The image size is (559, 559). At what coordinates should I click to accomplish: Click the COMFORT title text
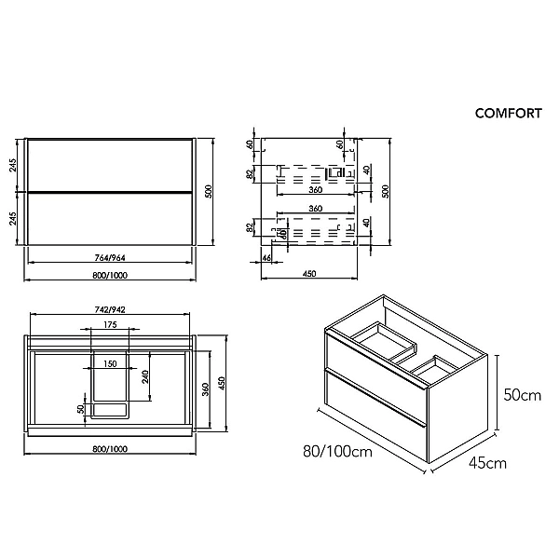point(508,114)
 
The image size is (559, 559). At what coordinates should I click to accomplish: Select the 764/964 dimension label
point(110,257)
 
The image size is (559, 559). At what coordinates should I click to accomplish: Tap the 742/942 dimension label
point(110,309)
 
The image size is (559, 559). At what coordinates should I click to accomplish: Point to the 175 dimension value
point(110,324)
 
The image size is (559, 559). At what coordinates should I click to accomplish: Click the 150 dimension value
point(110,363)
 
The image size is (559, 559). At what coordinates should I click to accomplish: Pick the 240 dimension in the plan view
point(145,376)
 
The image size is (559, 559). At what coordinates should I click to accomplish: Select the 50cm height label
point(523,395)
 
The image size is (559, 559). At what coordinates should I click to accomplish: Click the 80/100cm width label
point(337,451)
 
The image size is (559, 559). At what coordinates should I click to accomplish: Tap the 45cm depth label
point(487,463)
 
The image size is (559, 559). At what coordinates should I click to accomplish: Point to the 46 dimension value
point(266,257)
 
